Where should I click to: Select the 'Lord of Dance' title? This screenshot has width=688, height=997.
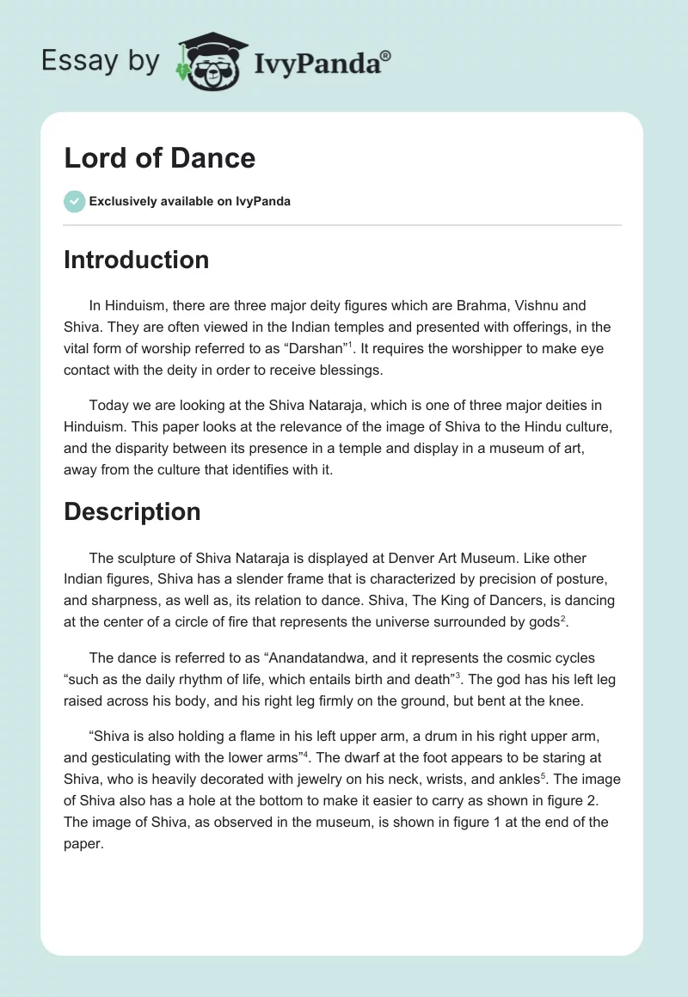click(x=159, y=158)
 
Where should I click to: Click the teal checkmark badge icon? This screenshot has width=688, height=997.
click(x=74, y=201)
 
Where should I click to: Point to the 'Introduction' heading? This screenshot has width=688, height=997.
click(x=136, y=260)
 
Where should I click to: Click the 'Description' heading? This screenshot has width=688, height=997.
click(x=132, y=511)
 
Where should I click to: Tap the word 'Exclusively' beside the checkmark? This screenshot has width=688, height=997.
click(x=122, y=201)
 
